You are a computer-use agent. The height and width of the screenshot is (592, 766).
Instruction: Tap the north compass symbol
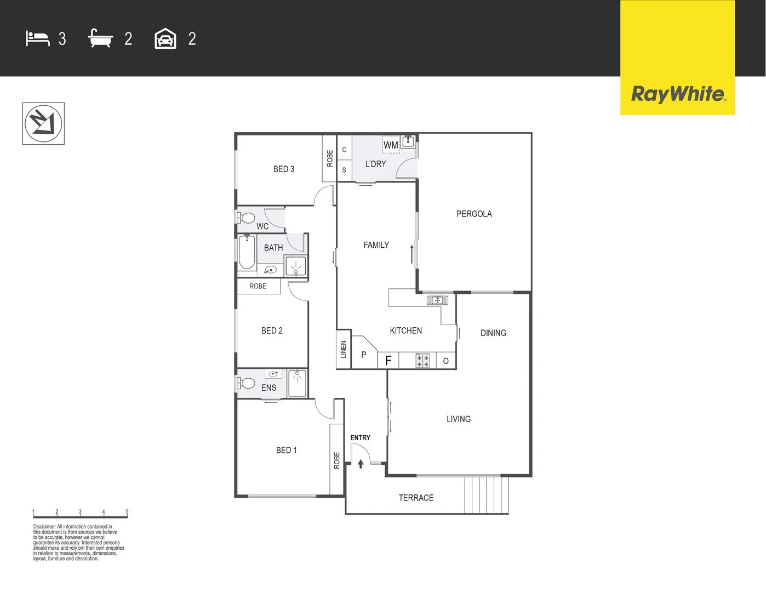coord(43,123)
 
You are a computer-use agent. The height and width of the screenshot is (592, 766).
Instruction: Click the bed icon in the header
coord(38,39)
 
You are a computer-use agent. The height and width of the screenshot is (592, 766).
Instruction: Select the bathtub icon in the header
coord(100,38)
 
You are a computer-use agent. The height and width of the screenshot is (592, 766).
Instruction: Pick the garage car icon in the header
coord(165,39)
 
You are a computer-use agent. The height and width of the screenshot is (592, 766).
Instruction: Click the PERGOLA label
coord(474,214)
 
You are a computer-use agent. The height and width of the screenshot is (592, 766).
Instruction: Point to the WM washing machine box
coord(391,145)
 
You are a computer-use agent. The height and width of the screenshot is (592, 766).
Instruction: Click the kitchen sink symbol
coord(437,300)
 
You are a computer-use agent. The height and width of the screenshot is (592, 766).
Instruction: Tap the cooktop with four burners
coord(422,360)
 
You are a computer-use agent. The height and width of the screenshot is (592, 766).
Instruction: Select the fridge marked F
coord(388,360)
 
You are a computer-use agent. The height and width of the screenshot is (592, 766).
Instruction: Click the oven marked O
coord(446,361)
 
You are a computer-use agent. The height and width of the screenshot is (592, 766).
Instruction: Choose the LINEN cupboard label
coord(344,349)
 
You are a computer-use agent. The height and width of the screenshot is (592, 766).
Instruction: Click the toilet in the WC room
coord(247,218)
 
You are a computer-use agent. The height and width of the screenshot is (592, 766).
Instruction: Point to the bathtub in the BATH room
coord(247,253)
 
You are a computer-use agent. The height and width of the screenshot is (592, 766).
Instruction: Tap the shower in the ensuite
coord(298,382)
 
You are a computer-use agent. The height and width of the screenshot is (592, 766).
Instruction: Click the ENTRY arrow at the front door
coord(361,464)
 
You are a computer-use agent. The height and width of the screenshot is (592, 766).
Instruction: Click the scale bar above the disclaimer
coord(80,515)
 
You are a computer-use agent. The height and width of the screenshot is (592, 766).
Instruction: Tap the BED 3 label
coord(284,169)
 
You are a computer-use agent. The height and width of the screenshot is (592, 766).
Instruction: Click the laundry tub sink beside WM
coord(408,141)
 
